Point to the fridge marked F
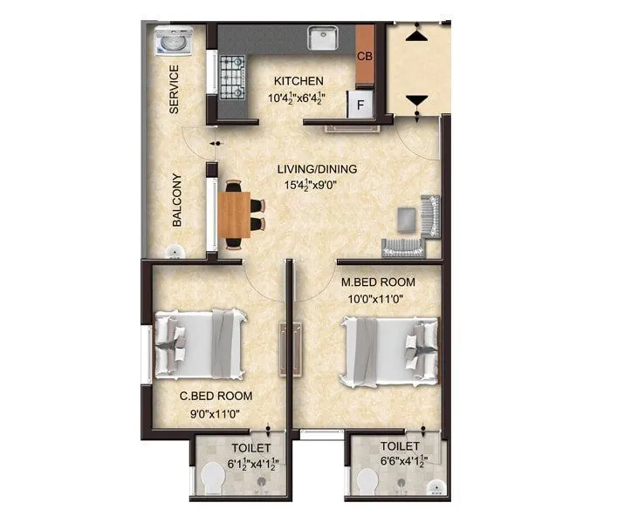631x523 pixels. (359, 105)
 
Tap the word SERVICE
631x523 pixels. (174, 89)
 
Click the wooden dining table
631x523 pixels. (233, 214)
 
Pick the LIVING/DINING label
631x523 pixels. (317, 168)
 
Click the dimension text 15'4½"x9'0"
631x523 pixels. (317, 185)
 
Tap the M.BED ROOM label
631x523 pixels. (377, 282)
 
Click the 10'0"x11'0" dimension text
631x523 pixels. (377, 298)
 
